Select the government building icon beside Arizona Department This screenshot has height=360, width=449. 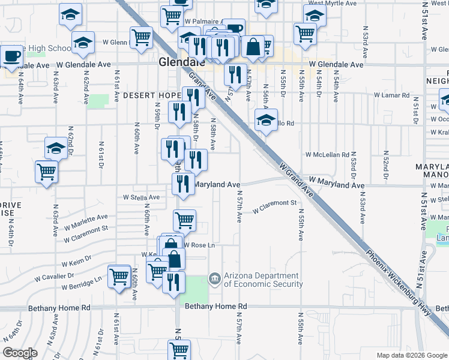[x=214, y=279]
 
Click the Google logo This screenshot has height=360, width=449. [x=20, y=353]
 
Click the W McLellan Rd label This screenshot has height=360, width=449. [x=328, y=155]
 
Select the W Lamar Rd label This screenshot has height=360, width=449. [x=391, y=95]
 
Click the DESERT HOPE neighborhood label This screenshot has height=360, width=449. [x=152, y=95]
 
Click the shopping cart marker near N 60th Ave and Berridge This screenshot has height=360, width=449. [x=119, y=277]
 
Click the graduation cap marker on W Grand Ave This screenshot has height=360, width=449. [x=266, y=121]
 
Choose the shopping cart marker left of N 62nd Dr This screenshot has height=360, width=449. [x=46, y=172]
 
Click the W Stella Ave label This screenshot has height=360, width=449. [x=142, y=197]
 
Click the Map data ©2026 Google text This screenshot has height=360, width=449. [x=411, y=355]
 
